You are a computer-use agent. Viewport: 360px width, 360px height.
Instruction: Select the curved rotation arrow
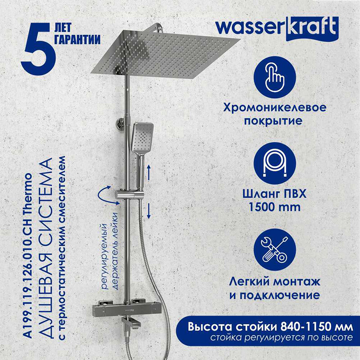coord(104,195)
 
